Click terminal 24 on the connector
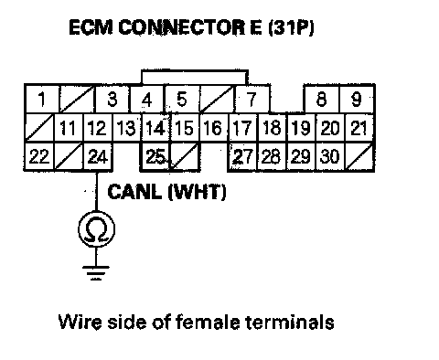coord(98,157)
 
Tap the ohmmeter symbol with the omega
coord(97,229)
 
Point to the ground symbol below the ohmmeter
coord(96,273)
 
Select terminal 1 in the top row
coord(41,100)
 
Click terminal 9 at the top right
coord(357,100)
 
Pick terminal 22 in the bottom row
coord(39,157)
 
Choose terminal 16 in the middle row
coord(213,128)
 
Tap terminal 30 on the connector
coord(330,157)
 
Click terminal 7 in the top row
coord(252,100)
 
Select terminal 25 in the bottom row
coord(155,157)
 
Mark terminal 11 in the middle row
coord(69,128)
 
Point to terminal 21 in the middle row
coord(359,128)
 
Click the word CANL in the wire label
coord(134,192)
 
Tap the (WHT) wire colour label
coord(198,192)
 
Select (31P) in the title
coord(291,27)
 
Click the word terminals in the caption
coord(290,322)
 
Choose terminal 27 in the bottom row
coord(242,157)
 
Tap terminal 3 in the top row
coord(112,100)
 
